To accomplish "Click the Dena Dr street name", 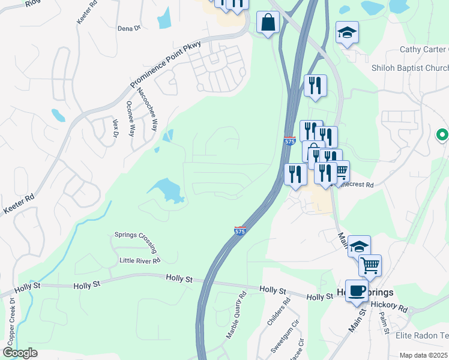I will [128, 28].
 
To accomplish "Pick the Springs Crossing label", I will [136, 242].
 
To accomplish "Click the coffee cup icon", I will [357, 290].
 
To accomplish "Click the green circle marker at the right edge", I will [442, 136].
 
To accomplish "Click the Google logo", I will [20, 352].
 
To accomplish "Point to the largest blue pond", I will [168, 191].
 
